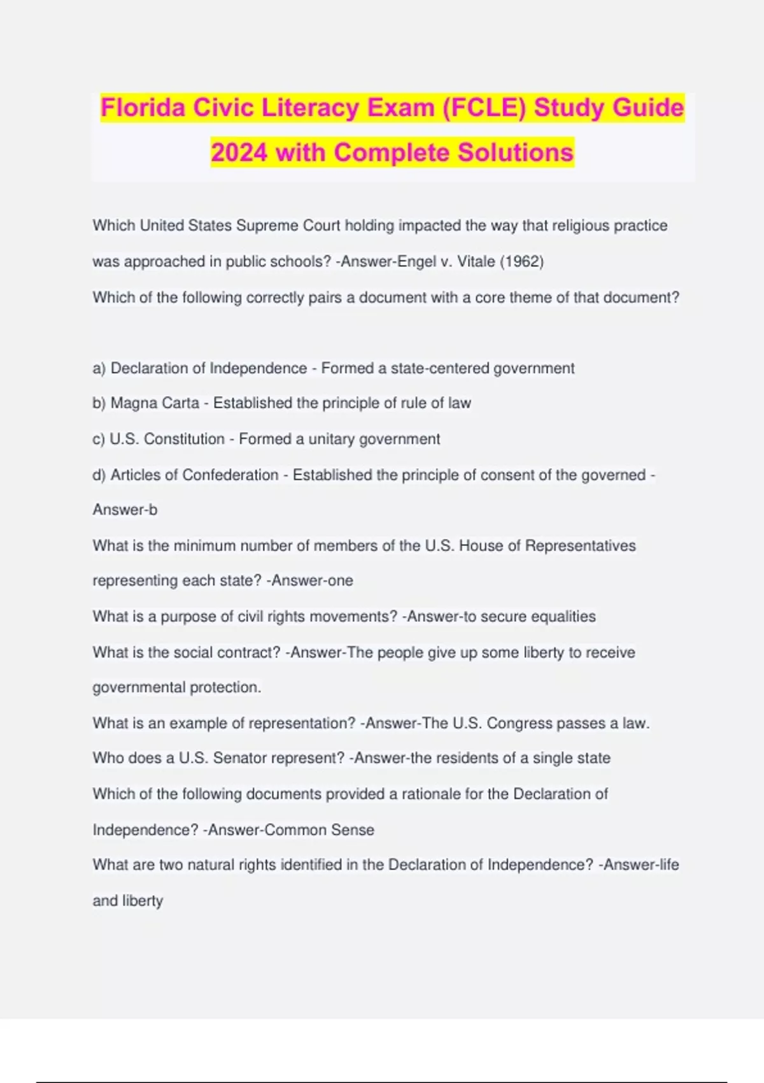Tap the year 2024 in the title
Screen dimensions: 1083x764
(x=239, y=153)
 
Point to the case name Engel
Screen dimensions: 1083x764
(x=416, y=262)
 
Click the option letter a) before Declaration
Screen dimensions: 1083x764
(x=99, y=368)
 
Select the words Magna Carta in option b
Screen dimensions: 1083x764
(x=155, y=403)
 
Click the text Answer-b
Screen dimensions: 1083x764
(x=125, y=510)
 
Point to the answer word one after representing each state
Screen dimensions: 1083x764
(x=341, y=580)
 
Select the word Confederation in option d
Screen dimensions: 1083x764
(x=230, y=475)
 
